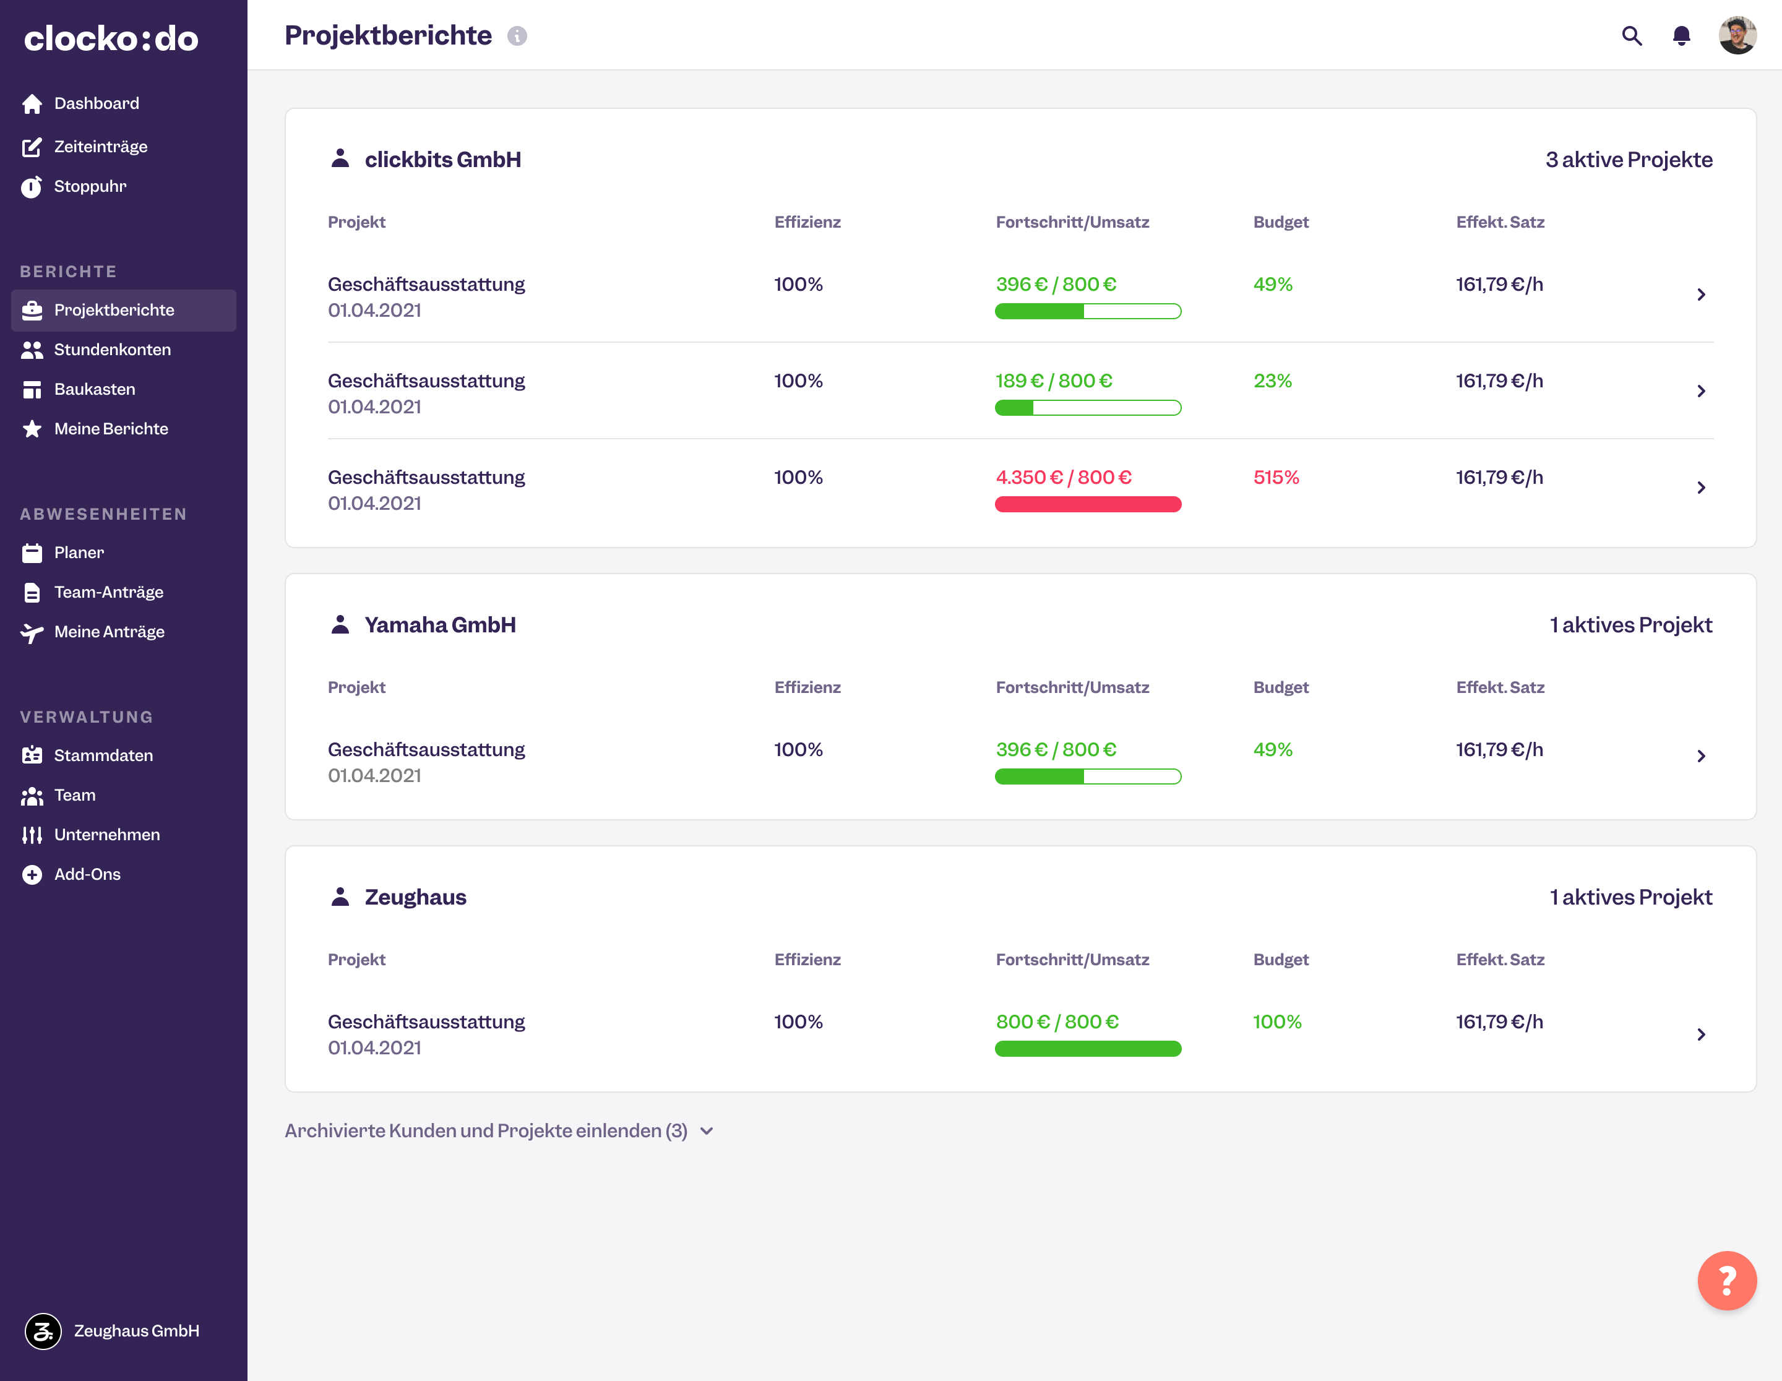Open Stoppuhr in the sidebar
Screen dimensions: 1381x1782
pos(90,187)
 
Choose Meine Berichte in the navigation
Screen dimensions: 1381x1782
pos(111,429)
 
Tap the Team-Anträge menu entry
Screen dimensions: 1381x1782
pos(108,592)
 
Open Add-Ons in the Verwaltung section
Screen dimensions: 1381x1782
pos(87,874)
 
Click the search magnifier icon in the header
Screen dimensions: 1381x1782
pos(1631,36)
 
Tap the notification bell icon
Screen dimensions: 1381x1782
pos(1681,36)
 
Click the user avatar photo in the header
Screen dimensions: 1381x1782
pos(1737,36)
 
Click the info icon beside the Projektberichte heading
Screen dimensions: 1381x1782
pos(517,36)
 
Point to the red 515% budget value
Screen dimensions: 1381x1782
pos(1275,477)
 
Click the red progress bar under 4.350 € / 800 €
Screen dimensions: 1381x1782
pos(1088,504)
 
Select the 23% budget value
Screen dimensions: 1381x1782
pos(1272,381)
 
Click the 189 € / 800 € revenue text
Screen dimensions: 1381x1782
pos(1053,381)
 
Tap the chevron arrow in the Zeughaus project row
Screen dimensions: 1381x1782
pos(1701,1035)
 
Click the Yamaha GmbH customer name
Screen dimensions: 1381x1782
pos(440,625)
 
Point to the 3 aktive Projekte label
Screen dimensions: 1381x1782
pos(1629,160)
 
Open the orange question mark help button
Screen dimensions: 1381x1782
pos(1726,1281)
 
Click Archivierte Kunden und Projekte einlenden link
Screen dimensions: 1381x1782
pos(486,1130)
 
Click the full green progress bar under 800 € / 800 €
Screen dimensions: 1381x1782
pos(1088,1049)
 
